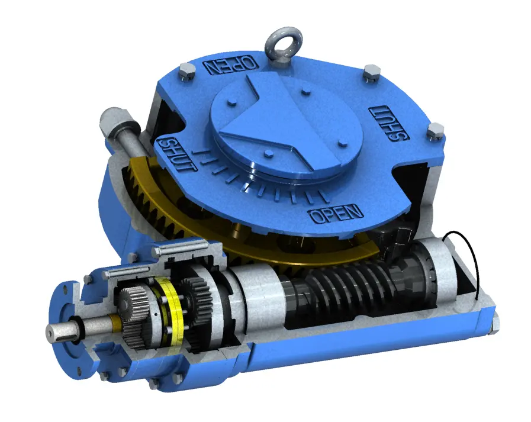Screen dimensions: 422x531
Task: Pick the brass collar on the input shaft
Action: coord(114,324)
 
